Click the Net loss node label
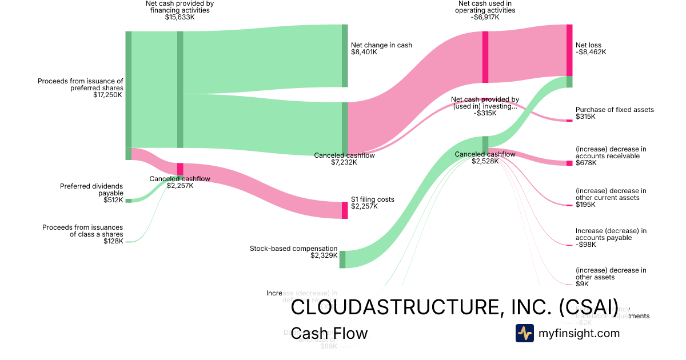tap(588, 45)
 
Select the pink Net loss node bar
tap(569, 50)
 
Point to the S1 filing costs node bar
tap(345, 210)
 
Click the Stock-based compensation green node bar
tap(342, 259)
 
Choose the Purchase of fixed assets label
tap(615, 110)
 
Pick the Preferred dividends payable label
tap(91, 190)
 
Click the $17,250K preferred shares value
tap(108, 95)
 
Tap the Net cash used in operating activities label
tap(485, 6)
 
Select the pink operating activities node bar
tap(485, 57)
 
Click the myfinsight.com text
tap(579, 333)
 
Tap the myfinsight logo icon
tap(524, 333)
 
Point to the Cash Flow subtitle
tap(329, 333)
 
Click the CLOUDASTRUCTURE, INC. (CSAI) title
tap(454, 307)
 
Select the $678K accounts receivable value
tap(586, 163)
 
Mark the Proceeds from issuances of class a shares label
tap(83, 231)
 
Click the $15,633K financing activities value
tap(180, 17)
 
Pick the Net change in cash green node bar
tap(345, 55)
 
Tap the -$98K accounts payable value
tap(586, 245)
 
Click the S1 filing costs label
tap(373, 199)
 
